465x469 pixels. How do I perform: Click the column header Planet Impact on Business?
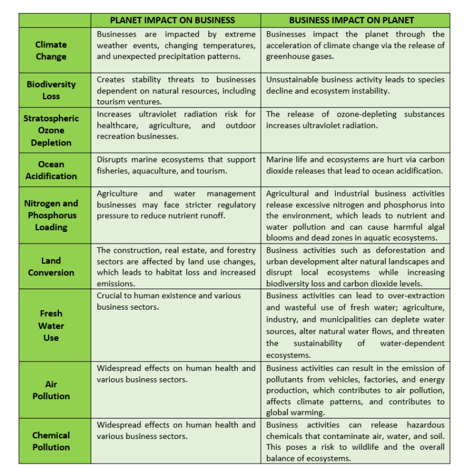(x=176, y=20)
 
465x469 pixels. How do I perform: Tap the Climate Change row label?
(x=51, y=51)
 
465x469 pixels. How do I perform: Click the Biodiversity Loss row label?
(x=51, y=90)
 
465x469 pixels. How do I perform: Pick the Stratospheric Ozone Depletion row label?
(x=51, y=130)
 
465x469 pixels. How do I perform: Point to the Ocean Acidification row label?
(x=51, y=170)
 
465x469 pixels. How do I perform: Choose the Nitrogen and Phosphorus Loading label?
(x=51, y=215)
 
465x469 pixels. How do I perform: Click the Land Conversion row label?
(x=51, y=266)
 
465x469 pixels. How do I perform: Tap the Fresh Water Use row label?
(x=51, y=325)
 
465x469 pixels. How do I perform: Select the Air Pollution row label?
(x=51, y=390)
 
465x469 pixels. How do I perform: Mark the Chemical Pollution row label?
(x=51, y=441)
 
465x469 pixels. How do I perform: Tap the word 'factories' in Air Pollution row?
(x=365, y=379)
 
